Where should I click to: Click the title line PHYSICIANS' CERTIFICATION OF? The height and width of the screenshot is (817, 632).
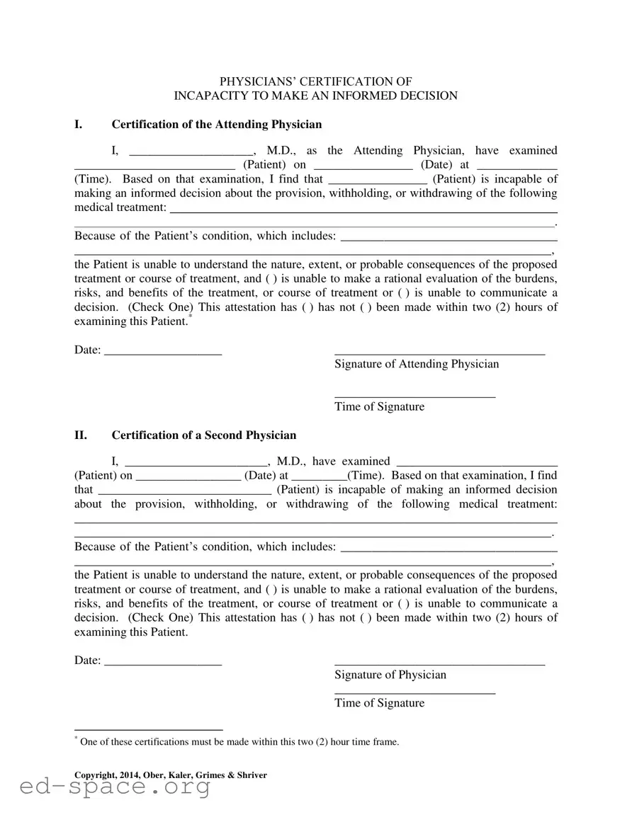pos(315,81)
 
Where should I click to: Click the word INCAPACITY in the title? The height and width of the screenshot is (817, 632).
pos(211,96)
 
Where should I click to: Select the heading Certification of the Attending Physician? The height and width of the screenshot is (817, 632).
pos(216,125)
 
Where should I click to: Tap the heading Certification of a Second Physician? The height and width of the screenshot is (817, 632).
pos(204,435)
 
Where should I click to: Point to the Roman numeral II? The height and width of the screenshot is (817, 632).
pos(81,435)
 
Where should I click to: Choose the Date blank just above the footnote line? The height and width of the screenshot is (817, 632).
pos(163,661)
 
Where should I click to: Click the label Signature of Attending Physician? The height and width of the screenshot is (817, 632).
pos(417,364)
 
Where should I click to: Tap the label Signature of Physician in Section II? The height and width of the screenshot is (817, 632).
pos(390,675)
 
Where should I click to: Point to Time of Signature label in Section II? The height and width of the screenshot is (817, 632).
pos(380,703)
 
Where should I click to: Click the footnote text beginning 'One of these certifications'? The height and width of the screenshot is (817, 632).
pos(239,742)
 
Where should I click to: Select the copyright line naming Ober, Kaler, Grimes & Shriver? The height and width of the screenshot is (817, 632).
pos(171,775)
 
